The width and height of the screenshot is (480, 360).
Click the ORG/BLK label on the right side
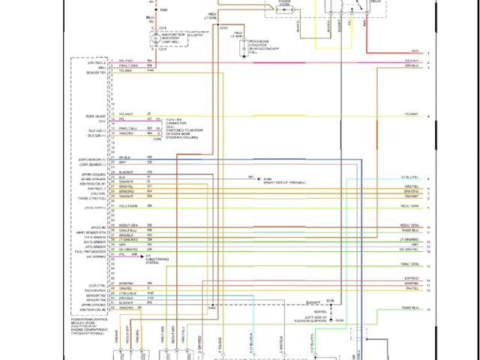coord(412,65)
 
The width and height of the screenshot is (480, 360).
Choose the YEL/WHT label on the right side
coord(412,115)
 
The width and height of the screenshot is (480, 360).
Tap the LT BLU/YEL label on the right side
coord(409,177)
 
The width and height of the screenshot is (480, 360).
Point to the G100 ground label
coord(339,320)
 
